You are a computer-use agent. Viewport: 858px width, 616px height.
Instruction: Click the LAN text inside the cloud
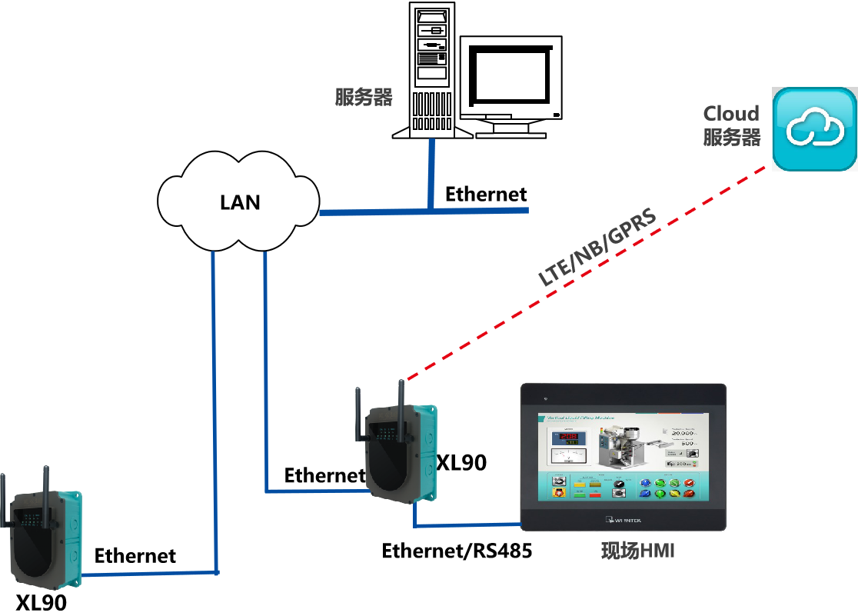pos(240,202)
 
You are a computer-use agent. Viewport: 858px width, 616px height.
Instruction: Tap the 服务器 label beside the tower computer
pos(364,98)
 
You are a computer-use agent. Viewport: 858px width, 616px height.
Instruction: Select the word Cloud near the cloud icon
pos(731,114)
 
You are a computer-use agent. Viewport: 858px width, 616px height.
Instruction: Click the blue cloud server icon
pos(814,128)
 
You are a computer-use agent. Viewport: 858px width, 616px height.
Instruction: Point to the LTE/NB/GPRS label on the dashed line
pos(597,248)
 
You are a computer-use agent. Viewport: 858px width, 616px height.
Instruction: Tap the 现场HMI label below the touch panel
pos(637,551)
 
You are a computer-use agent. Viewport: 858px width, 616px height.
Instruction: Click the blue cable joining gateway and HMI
pos(461,526)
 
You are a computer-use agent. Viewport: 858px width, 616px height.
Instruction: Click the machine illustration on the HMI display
pos(624,445)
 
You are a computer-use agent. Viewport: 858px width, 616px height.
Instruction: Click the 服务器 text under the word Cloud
pos(731,138)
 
